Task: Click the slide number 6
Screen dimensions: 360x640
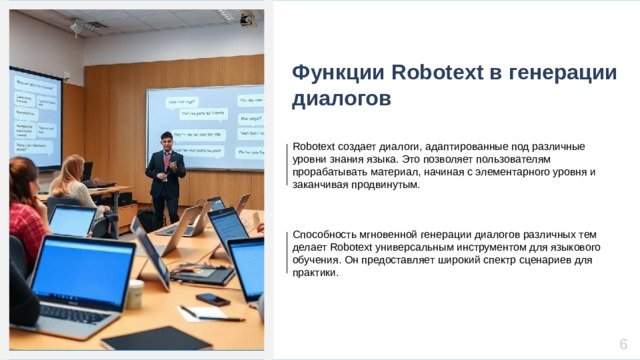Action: point(623,339)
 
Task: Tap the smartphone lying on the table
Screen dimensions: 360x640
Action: point(212,299)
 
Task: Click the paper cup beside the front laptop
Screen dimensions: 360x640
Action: point(135,294)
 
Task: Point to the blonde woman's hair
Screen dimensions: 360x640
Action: point(71,173)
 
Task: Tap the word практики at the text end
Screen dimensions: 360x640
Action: point(315,273)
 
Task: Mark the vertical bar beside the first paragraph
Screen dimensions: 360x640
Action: point(288,165)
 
